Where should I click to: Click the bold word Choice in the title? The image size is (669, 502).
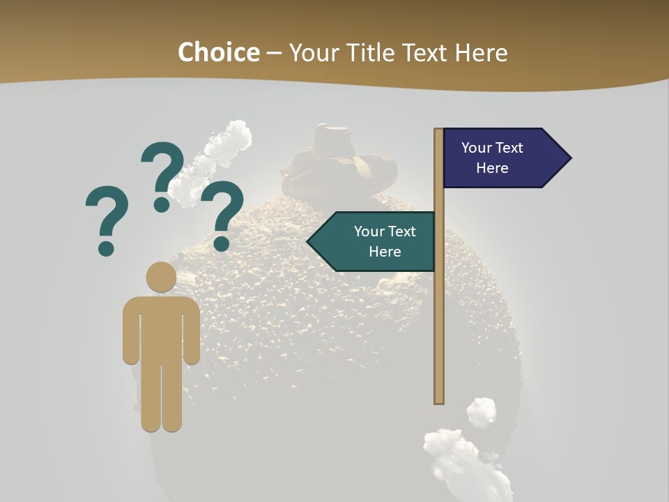[218, 52]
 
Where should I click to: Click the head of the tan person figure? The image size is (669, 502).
[161, 277]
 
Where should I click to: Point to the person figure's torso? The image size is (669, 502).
[161, 328]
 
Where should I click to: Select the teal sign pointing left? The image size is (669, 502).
[376, 241]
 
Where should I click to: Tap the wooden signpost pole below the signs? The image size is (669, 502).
[439, 335]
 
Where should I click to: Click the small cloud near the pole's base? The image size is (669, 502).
[482, 411]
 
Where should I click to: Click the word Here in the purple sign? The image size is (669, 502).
[492, 168]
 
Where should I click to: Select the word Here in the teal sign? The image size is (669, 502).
[385, 252]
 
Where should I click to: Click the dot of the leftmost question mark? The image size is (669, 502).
[106, 248]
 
